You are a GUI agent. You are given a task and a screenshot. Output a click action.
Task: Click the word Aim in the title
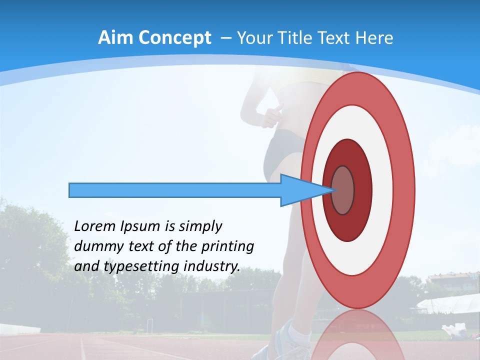click(115, 37)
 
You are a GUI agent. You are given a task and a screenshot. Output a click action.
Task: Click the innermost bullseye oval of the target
click(343, 190)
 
